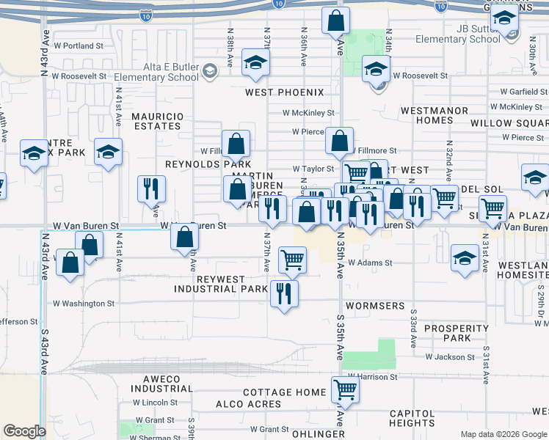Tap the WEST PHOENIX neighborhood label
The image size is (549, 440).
pyautogui.click(x=284, y=92)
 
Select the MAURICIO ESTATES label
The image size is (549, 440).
pyautogui.click(x=156, y=121)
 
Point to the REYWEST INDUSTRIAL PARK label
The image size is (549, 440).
pyautogui.click(x=221, y=284)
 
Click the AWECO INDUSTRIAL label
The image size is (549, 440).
pyautogui.click(x=161, y=384)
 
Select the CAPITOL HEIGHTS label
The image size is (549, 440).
pyautogui.click(x=412, y=417)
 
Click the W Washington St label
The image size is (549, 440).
pyautogui.click(x=84, y=303)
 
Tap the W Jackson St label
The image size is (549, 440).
pyautogui.click(x=450, y=357)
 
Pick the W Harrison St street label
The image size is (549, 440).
pyautogui.click(x=372, y=377)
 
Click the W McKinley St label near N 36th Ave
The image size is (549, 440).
pyautogui.click(x=308, y=113)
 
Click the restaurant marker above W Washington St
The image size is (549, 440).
pyautogui.click(x=283, y=293)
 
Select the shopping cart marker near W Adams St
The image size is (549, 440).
pyautogui.click(x=292, y=258)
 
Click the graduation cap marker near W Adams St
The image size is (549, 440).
pyautogui.click(x=463, y=257)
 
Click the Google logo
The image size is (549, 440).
pyautogui.click(x=24, y=431)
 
